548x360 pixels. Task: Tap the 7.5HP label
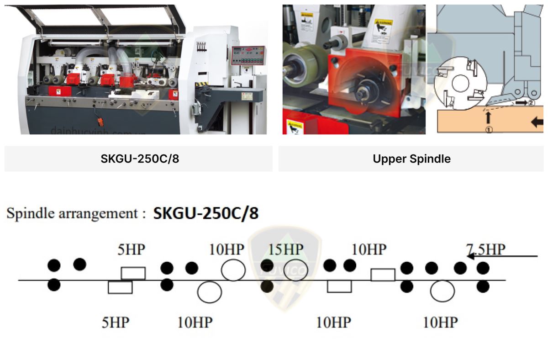tap(485, 249)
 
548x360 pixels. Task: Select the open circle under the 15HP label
tap(296, 270)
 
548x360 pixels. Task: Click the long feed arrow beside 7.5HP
tap(502, 257)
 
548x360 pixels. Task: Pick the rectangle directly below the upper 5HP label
tap(133, 273)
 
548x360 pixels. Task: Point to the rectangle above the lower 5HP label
tap(120, 287)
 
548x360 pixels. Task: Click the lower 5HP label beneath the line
tap(115, 323)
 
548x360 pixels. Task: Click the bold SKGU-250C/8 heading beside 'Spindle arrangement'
tap(206, 213)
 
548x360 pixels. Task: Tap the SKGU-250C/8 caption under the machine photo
tap(138, 159)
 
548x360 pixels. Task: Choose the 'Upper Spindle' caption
tap(411, 159)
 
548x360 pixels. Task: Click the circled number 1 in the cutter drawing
tap(489, 129)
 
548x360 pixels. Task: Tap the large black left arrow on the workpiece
tap(537, 122)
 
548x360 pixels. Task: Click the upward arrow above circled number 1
tap(489, 117)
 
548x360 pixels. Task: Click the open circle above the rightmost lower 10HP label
tap(442, 291)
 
